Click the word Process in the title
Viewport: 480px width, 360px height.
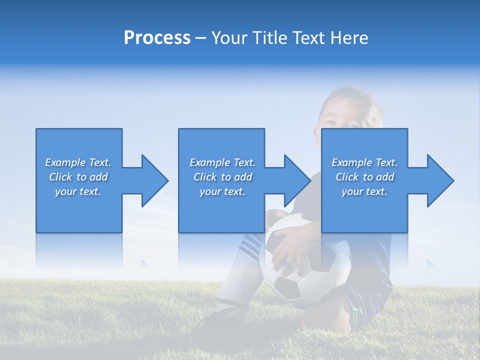[x=157, y=38]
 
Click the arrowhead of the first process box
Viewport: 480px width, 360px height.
[x=155, y=180]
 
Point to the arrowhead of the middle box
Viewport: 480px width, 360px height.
[x=297, y=180]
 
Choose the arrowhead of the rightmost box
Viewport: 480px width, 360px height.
[x=440, y=180]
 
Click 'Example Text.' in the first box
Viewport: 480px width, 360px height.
[x=78, y=162]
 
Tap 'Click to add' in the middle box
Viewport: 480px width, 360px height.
[x=222, y=177]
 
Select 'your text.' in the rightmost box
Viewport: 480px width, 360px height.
[x=364, y=191]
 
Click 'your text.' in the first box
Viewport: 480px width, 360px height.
[x=78, y=191]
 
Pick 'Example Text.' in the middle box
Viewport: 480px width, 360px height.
[x=222, y=162]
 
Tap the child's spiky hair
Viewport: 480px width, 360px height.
[x=350, y=95]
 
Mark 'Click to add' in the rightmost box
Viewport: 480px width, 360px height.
[x=364, y=177]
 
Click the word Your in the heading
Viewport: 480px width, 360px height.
[x=230, y=38]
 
